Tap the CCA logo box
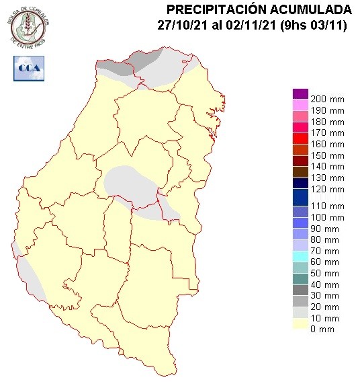click(28, 67)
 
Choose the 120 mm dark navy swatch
click(300, 183)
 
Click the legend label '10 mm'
click(328, 317)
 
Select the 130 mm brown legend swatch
click(300, 171)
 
